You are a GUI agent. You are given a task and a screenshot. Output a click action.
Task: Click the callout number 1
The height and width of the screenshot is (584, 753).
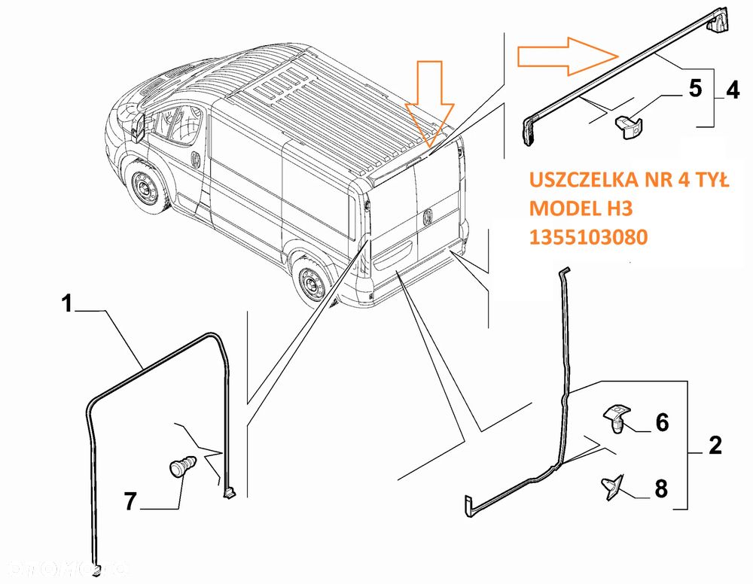(x=67, y=304)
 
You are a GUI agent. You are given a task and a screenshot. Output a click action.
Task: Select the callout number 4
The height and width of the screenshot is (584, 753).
(x=732, y=90)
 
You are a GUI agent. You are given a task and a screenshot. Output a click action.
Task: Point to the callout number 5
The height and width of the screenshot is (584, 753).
(x=694, y=88)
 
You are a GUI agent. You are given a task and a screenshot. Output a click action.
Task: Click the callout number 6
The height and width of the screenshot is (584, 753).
(x=661, y=423)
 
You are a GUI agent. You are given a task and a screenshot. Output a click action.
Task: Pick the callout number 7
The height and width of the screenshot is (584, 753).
(x=130, y=501)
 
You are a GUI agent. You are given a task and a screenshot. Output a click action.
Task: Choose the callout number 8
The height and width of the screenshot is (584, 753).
(x=660, y=489)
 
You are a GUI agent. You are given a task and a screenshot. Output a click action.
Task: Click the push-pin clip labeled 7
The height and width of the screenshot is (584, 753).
(x=181, y=467)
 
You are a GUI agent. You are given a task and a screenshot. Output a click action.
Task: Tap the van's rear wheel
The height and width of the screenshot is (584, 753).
(x=311, y=284)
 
